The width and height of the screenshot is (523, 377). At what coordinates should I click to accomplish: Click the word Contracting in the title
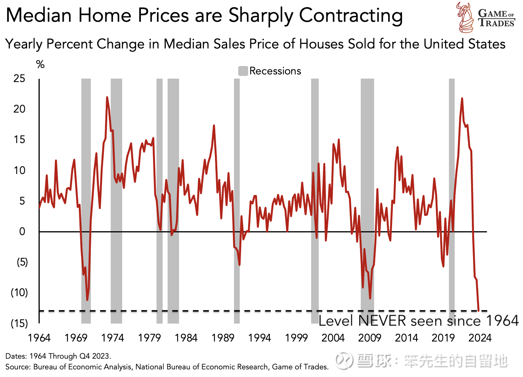351,16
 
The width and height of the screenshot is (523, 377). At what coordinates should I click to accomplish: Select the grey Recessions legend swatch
243,71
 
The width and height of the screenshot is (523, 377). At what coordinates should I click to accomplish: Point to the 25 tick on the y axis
19,79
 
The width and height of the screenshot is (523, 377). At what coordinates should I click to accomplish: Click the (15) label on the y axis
19,324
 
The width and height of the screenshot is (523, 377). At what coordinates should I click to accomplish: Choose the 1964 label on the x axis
39,338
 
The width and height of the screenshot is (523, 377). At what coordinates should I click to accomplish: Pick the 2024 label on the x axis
480,338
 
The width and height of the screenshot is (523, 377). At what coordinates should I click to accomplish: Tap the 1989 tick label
223,338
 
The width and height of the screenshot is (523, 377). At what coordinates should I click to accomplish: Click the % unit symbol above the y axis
40,64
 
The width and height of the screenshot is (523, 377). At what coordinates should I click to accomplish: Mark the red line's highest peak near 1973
107,97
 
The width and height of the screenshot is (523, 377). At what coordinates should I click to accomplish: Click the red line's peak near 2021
462,98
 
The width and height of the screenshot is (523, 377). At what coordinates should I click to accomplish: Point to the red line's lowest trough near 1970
87,300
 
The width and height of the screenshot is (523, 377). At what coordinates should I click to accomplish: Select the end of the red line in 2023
479,310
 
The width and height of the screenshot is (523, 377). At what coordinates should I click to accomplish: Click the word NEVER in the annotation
382,321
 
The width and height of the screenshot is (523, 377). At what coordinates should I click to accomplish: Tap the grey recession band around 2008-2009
367,191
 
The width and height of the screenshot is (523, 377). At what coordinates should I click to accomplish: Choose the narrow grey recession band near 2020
452,191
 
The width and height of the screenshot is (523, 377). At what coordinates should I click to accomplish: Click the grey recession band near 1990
237,191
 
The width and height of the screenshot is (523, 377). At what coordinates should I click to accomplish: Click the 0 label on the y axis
22,232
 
